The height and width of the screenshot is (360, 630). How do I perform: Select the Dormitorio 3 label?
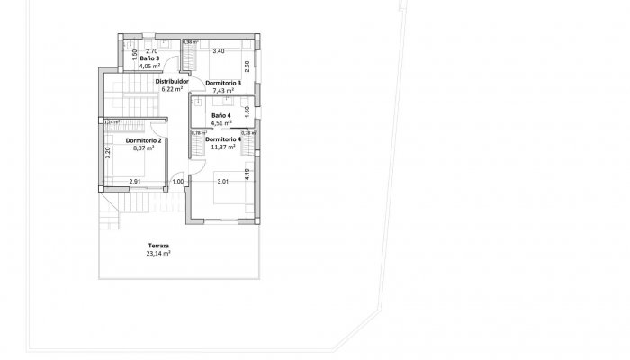pyautogui.click(x=222, y=83)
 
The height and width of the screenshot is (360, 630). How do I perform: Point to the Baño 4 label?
pyautogui.click(x=221, y=116)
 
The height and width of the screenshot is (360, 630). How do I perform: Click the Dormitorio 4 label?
pyautogui.click(x=222, y=139)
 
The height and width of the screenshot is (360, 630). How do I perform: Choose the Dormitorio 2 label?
pyautogui.click(x=144, y=140)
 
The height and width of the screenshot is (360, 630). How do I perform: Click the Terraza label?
pyautogui.click(x=158, y=246)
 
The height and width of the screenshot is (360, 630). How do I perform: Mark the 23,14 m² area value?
pyautogui.click(x=158, y=254)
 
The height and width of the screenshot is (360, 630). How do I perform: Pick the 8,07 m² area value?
pyautogui.click(x=144, y=148)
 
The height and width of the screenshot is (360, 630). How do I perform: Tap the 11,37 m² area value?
pyautogui.click(x=222, y=148)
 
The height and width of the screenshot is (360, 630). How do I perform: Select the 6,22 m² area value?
pyautogui.click(x=172, y=90)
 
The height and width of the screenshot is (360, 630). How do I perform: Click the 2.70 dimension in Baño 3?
pyautogui.click(x=151, y=51)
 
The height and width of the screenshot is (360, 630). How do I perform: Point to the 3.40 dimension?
pyautogui.click(x=218, y=51)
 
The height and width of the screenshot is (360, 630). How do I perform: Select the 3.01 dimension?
pyautogui.click(x=222, y=182)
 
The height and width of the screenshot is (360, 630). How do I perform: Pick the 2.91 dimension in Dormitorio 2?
pyautogui.click(x=134, y=182)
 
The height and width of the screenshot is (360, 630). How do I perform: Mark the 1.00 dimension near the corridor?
pyautogui.click(x=177, y=182)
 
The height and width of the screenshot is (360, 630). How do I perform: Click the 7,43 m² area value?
pyautogui.click(x=222, y=91)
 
